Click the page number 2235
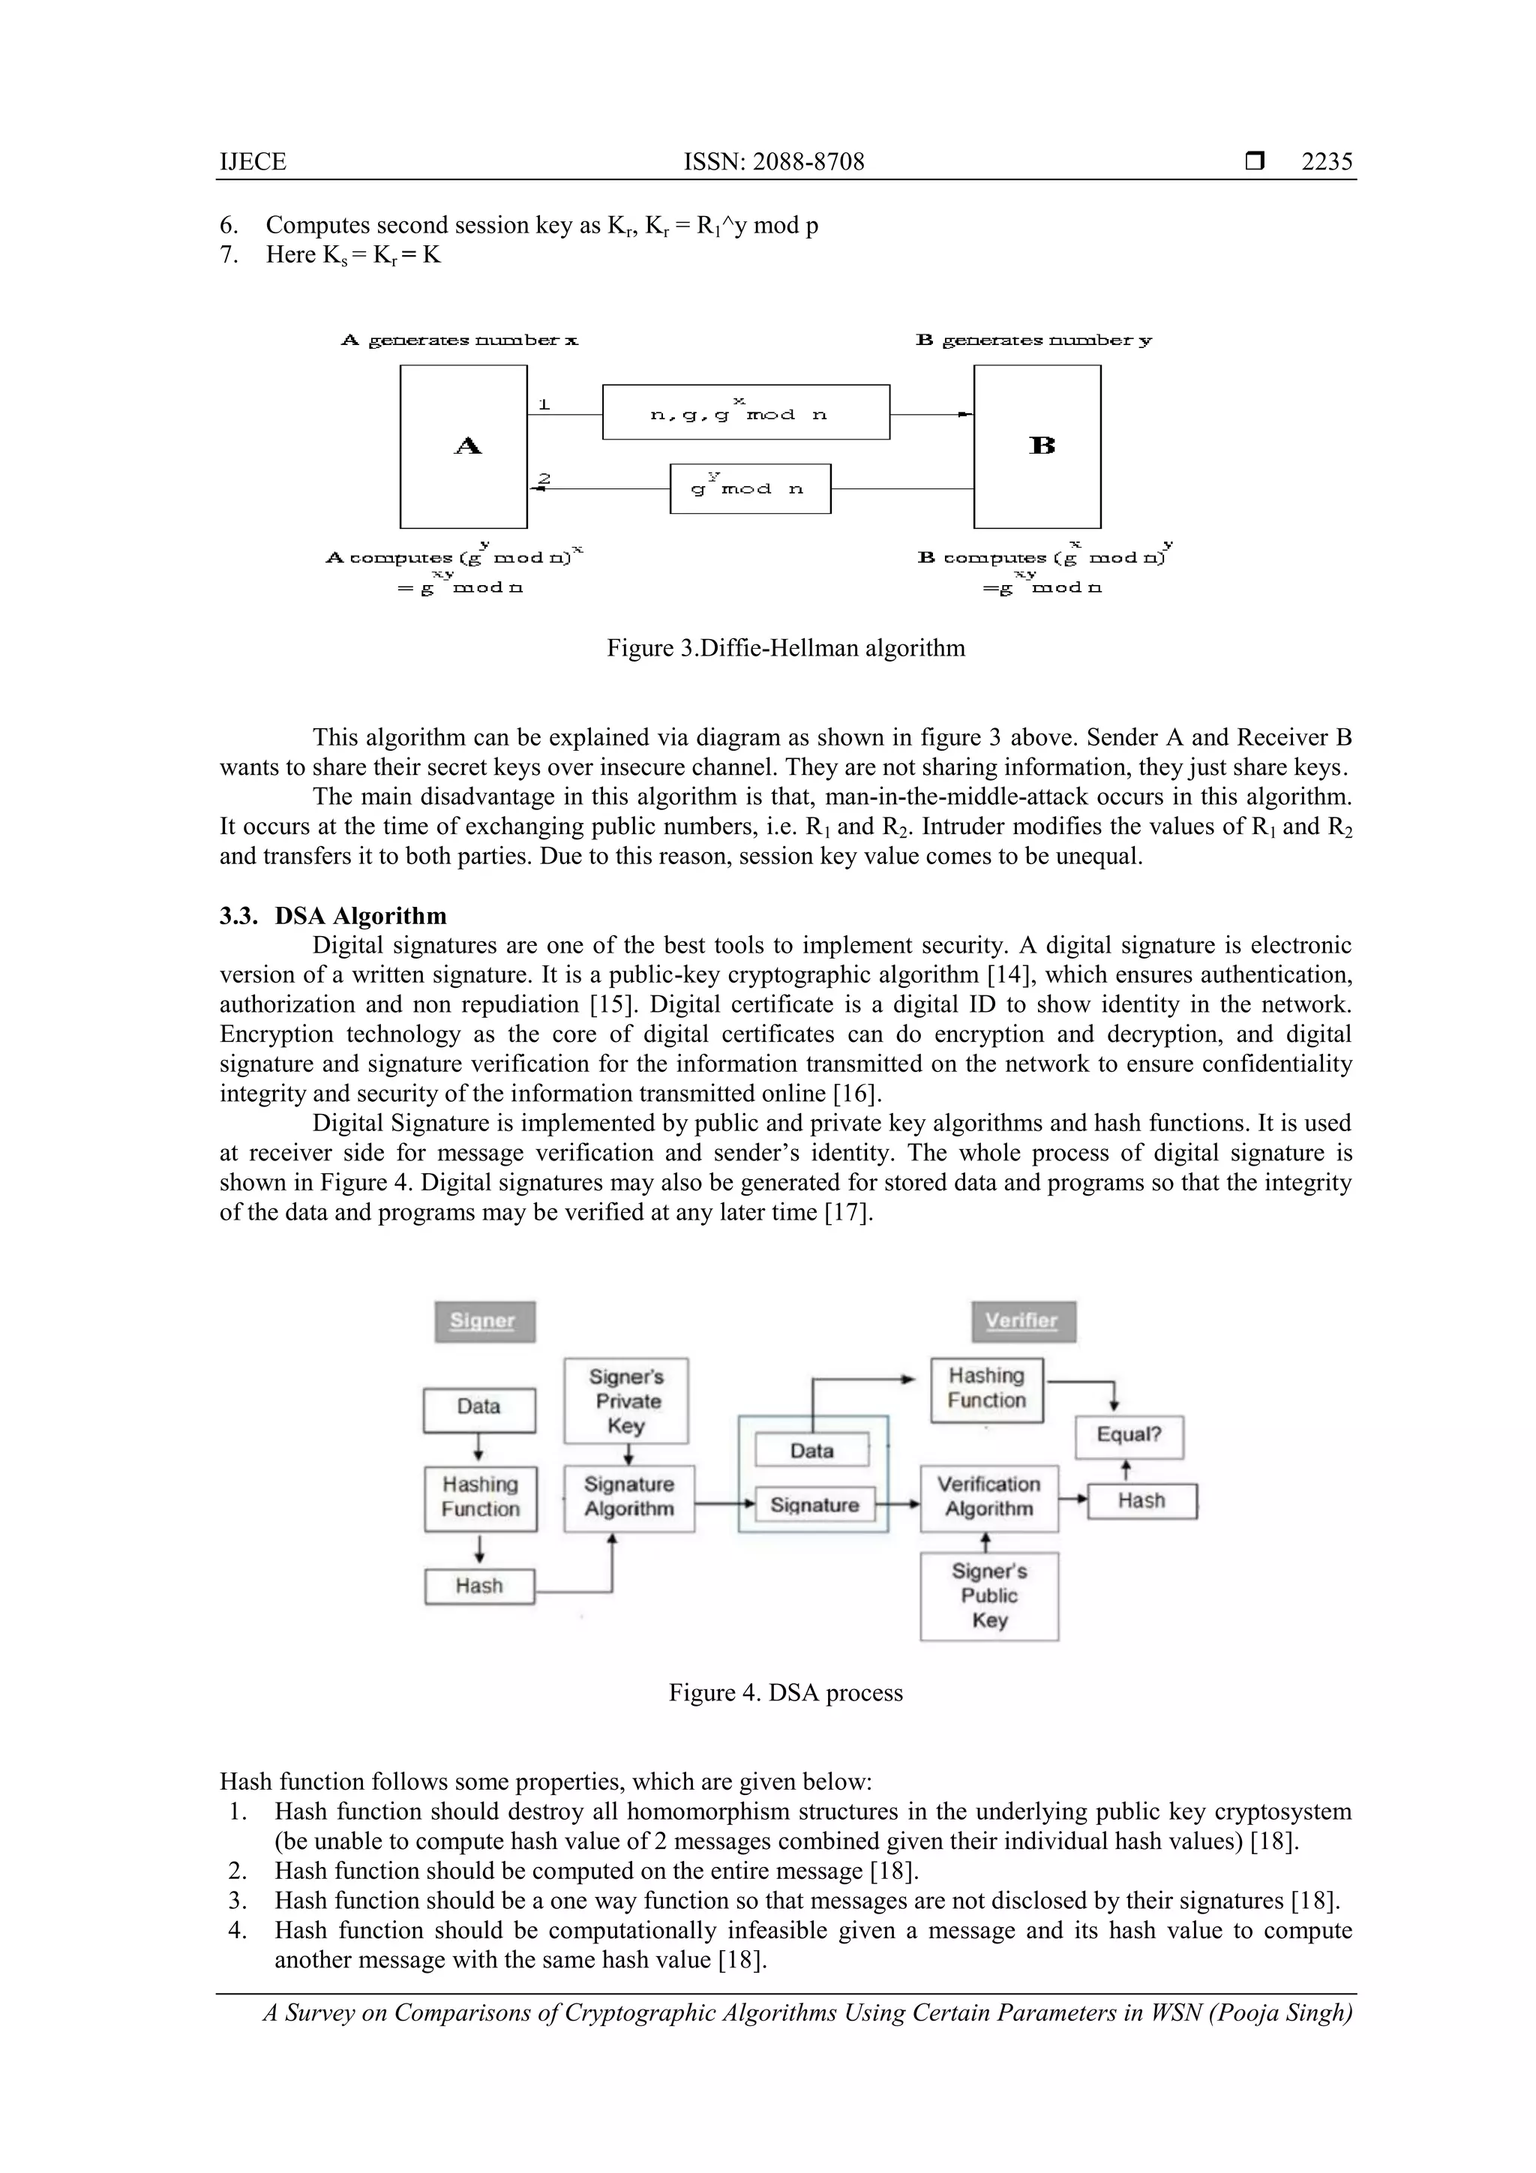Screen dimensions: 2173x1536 coord(1326,162)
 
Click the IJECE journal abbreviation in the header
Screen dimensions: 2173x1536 coord(253,162)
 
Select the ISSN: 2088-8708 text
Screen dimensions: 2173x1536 coord(773,162)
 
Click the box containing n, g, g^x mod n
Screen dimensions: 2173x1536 coord(745,413)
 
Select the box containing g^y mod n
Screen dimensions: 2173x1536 coord(749,488)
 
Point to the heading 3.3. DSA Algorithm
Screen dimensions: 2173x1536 coord(333,915)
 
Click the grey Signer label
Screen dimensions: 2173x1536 coord(484,1321)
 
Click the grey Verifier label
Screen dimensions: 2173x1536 coord(1023,1321)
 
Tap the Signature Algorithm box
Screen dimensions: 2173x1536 coord(628,1498)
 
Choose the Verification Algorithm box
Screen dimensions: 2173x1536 coord(989,1498)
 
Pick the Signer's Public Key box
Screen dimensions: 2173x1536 coord(989,1595)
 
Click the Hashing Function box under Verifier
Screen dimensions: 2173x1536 coord(986,1389)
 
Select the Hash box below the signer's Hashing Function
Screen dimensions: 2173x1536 coord(479,1586)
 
